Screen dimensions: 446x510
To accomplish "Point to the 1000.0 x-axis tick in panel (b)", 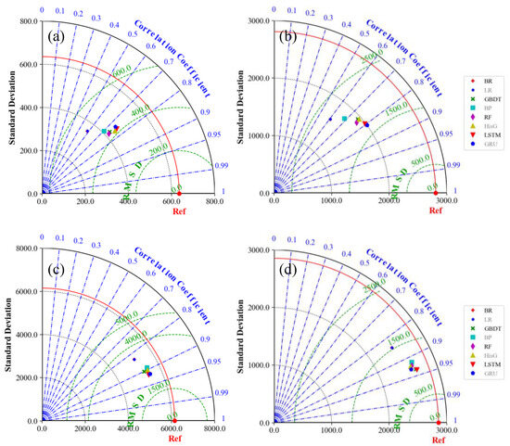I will [x=330, y=201].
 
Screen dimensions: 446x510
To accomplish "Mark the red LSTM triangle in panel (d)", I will [x=416, y=369].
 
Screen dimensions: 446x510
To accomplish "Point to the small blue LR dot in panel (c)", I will [x=134, y=360].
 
